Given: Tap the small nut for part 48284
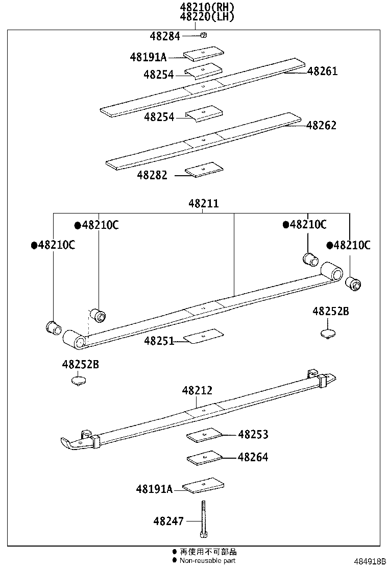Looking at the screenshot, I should click(x=203, y=35).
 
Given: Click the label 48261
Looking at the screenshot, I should click(x=322, y=72).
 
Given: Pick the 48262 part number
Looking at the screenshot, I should click(x=321, y=125).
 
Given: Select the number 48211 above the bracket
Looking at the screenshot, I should click(x=203, y=203).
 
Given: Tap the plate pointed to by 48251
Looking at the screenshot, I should click(x=204, y=336).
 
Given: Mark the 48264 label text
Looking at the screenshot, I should click(x=253, y=457).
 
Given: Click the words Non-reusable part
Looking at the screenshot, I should click(x=207, y=561).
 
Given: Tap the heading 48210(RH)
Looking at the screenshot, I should click(x=207, y=7).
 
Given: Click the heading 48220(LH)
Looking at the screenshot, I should click(x=207, y=16).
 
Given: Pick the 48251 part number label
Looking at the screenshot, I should click(x=159, y=340).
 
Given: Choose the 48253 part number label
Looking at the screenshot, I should click(x=253, y=435).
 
